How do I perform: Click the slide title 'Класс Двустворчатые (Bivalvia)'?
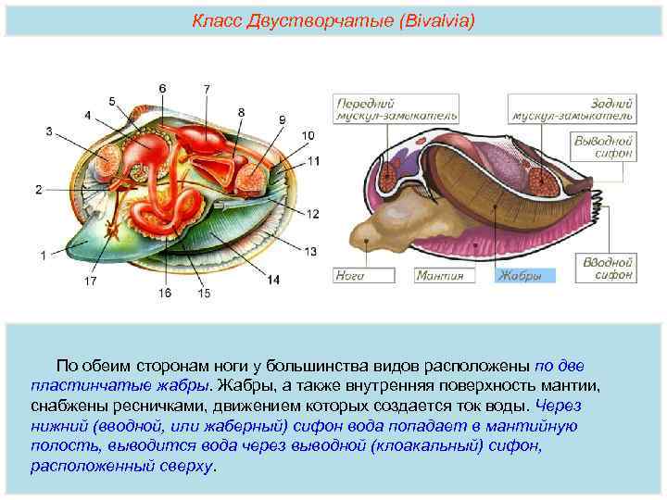pos(333,19)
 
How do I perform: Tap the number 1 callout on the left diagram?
pos(42,253)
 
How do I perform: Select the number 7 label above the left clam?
pos(207,88)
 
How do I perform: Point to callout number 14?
pos(273,279)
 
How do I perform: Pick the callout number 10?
pos(308,136)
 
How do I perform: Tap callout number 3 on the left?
pos(49,131)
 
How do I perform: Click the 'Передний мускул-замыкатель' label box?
pos(366,109)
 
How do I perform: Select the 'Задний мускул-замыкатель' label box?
pos(572,109)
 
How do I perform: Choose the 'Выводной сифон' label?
pos(603,145)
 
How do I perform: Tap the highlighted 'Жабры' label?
pos(524,275)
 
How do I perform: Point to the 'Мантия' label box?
pos(444,275)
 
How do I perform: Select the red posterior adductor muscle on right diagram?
pos(543,177)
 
